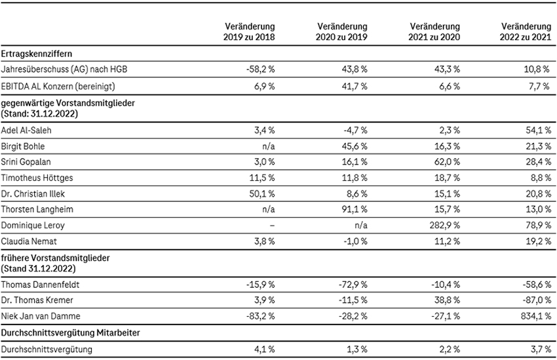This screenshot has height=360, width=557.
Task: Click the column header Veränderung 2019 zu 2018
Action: (249, 31)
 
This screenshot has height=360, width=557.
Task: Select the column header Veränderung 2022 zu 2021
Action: (526, 31)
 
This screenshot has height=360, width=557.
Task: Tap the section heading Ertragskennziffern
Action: (37, 54)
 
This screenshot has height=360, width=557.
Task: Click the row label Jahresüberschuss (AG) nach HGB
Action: (64, 70)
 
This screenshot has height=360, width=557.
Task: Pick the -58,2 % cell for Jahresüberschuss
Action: (260, 70)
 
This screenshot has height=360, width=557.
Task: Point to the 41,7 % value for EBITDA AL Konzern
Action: (355, 87)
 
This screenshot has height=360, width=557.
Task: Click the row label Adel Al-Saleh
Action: (26, 130)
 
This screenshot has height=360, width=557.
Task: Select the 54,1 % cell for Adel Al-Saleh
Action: (539, 130)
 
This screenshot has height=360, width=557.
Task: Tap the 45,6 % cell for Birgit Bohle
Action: (355, 146)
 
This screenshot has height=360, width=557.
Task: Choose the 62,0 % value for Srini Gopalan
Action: (447, 162)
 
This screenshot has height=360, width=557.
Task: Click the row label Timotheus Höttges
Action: (37, 178)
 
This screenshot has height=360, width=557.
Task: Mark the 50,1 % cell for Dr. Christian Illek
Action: (262, 194)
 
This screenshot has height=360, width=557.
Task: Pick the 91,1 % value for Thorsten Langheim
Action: (355, 209)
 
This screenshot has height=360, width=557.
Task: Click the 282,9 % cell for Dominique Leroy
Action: (445, 226)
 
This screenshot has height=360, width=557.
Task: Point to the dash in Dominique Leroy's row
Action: (273, 226)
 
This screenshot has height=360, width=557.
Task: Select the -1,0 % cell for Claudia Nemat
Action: (355, 242)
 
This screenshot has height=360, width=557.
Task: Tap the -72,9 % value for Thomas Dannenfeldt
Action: (353, 285)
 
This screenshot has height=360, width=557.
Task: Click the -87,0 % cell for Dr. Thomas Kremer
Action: (537, 300)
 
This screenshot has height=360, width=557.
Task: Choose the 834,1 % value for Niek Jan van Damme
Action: (536, 316)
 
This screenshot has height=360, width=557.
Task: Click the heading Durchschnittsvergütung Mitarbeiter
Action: (71, 333)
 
